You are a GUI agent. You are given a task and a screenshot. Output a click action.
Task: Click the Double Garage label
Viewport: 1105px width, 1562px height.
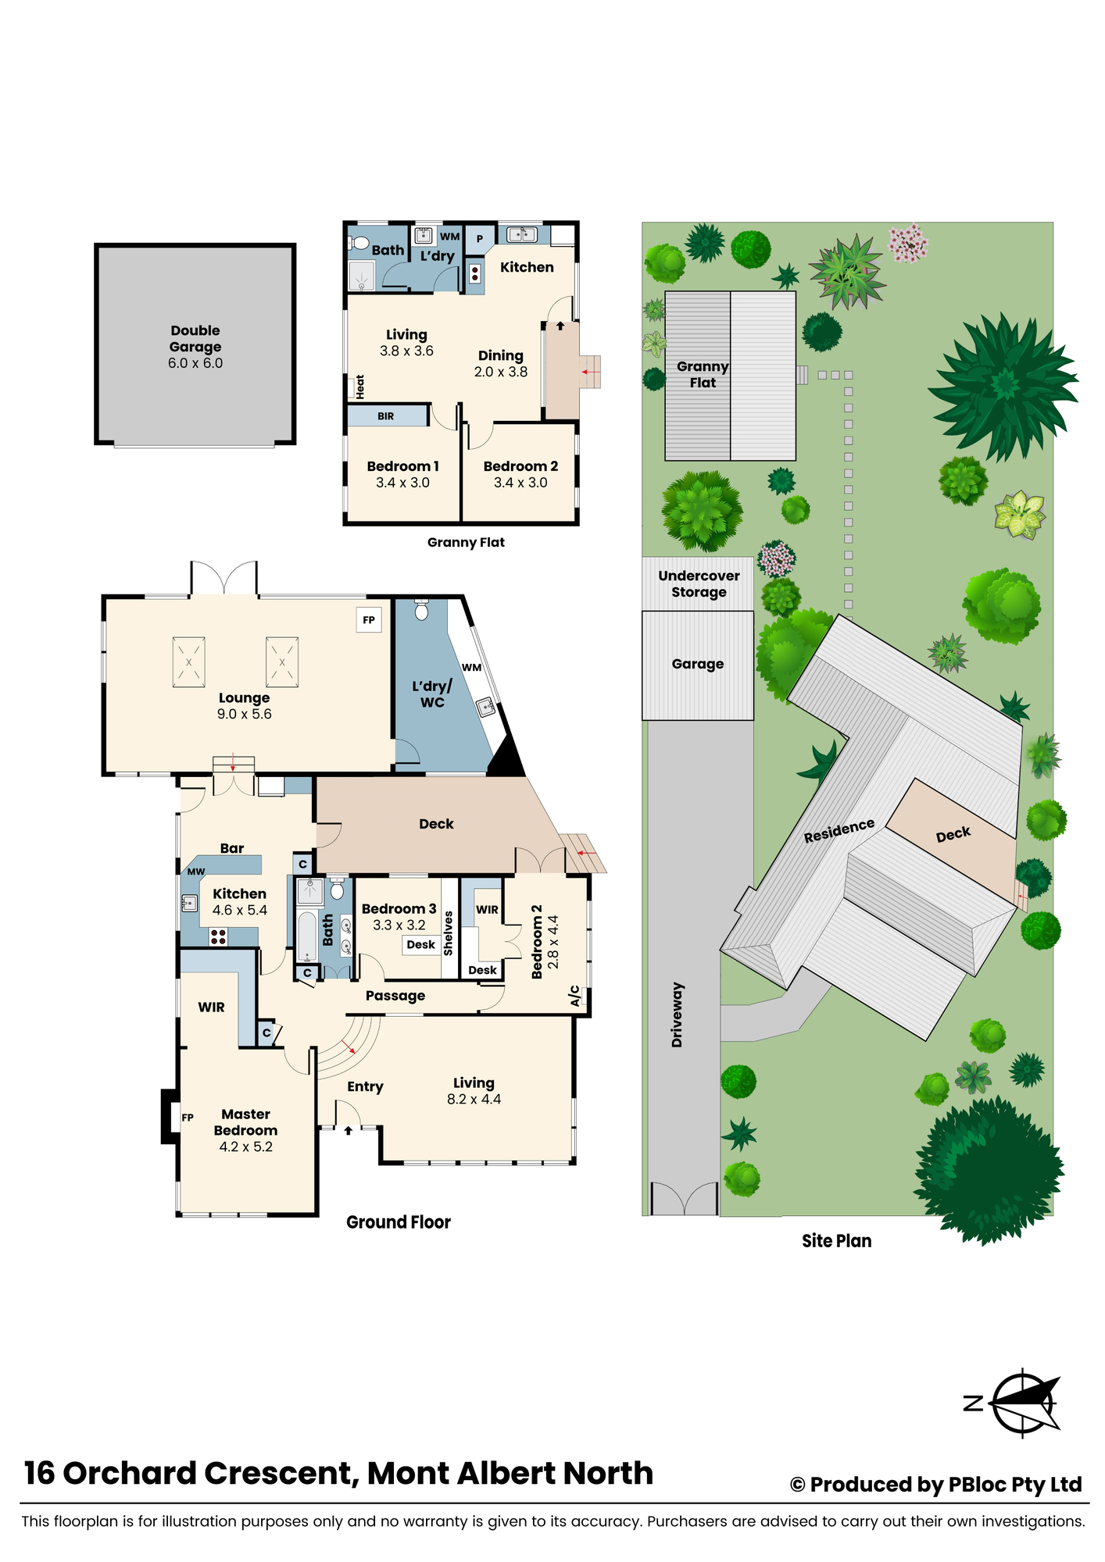tap(195, 338)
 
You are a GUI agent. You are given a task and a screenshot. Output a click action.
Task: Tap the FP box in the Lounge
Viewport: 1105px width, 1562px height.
tap(369, 620)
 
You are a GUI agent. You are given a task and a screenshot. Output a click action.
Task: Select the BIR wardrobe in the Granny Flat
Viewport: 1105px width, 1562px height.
tap(387, 416)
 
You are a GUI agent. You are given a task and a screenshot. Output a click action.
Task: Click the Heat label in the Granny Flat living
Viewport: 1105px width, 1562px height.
tap(360, 387)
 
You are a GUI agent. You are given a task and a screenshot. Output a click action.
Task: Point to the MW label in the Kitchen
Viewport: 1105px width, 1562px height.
tap(196, 872)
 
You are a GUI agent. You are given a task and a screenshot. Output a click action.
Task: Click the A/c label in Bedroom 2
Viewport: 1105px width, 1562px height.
tap(574, 996)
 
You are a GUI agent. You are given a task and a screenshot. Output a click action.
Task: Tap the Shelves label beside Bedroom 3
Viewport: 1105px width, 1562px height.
tap(449, 933)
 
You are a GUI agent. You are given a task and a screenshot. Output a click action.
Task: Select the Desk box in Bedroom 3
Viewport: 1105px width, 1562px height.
tap(421, 945)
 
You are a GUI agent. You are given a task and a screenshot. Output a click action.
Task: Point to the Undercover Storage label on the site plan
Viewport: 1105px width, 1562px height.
tap(699, 584)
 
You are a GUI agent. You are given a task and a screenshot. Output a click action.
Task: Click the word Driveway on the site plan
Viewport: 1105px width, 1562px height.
tap(677, 1015)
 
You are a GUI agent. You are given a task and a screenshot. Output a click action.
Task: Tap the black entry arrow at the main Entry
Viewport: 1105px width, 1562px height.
tap(349, 1130)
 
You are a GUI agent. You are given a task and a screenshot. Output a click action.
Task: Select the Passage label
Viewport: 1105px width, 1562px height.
tap(395, 996)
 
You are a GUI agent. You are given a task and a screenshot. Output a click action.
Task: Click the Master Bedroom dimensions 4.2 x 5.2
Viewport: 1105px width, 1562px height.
tap(246, 1147)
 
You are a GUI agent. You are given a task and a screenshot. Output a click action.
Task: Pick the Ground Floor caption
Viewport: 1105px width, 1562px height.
tap(399, 1222)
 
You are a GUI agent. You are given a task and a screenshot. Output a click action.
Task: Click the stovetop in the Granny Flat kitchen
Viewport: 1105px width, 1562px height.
tap(474, 273)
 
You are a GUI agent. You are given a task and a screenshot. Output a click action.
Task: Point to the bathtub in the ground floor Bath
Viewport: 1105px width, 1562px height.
tap(307, 936)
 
